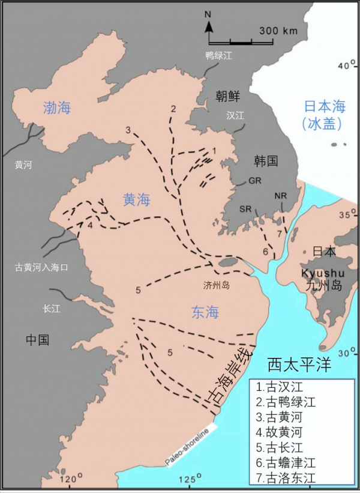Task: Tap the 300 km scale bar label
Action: click(x=279, y=30)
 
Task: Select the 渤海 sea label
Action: click(x=57, y=108)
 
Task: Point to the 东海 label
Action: click(x=205, y=312)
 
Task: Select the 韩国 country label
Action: click(x=265, y=160)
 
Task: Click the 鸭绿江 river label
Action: click(x=218, y=56)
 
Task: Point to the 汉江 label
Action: click(x=236, y=115)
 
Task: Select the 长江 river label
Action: click(x=52, y=309)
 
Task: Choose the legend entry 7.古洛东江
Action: click(x=285, y=478)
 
